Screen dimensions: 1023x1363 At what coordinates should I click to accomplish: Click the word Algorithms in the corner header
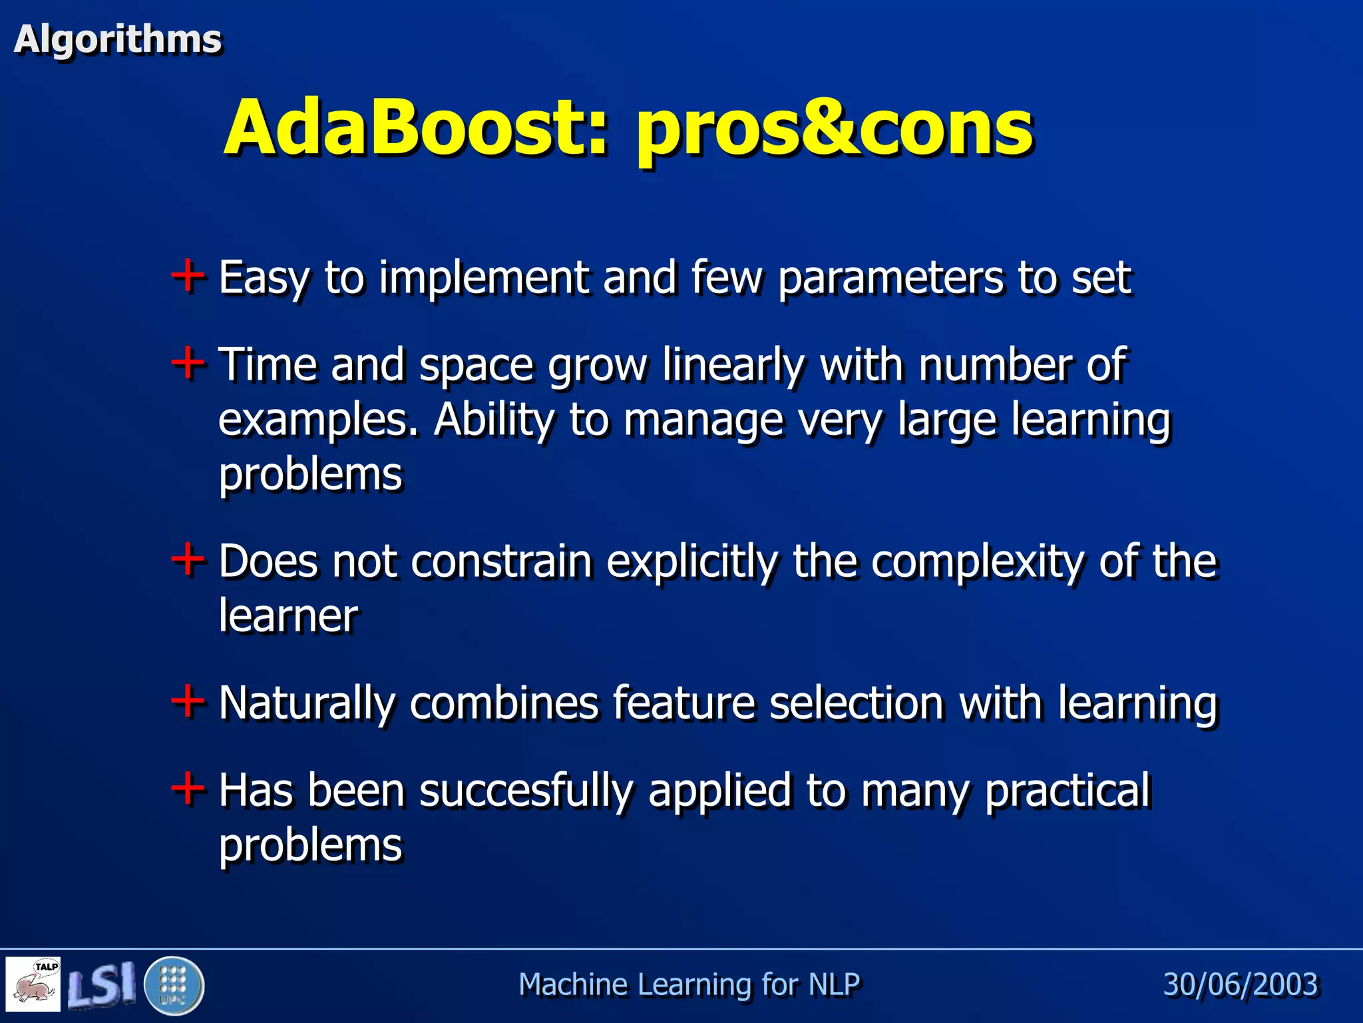point(118,39)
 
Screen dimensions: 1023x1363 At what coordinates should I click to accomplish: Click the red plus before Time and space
point(188,363)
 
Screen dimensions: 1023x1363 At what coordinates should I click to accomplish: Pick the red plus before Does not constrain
point(188,559)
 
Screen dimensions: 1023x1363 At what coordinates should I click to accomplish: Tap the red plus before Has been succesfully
point(188,788)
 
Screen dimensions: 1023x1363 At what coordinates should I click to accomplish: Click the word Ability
point(493,421)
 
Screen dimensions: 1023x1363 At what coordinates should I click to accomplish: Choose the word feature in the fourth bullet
point(683,703)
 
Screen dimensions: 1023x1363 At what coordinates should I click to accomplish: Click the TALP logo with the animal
point(33,984)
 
